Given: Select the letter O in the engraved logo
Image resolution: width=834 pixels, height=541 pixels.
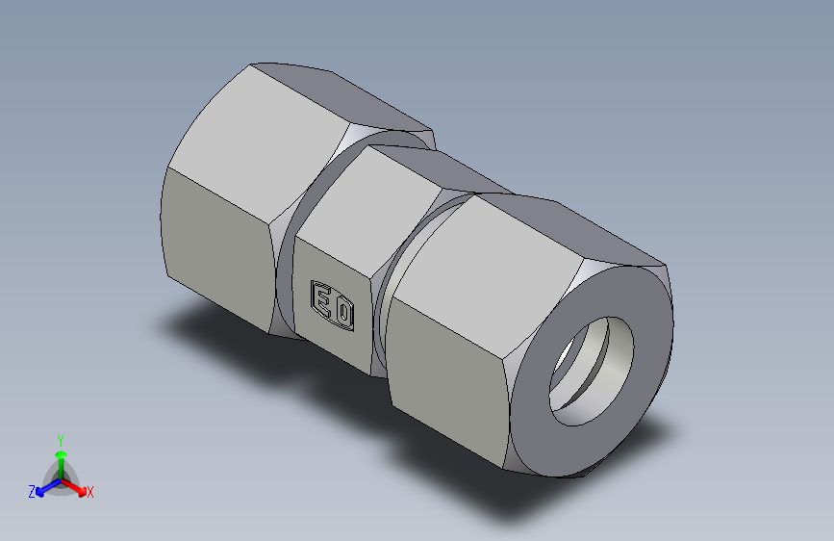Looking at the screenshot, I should pyautogui.click(x=342, y=310).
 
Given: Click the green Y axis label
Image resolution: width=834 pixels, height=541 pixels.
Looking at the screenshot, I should pyautogui.click(x=60, y=439).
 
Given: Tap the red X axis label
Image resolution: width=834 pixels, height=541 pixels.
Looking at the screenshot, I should pyautogui.click(x=89, y=493).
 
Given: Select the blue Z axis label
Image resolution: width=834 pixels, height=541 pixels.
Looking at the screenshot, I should pyautogui.click(x=32, y=492).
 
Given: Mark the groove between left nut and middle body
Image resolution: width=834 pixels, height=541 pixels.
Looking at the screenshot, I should pyautogui.click(x=289, y=279).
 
